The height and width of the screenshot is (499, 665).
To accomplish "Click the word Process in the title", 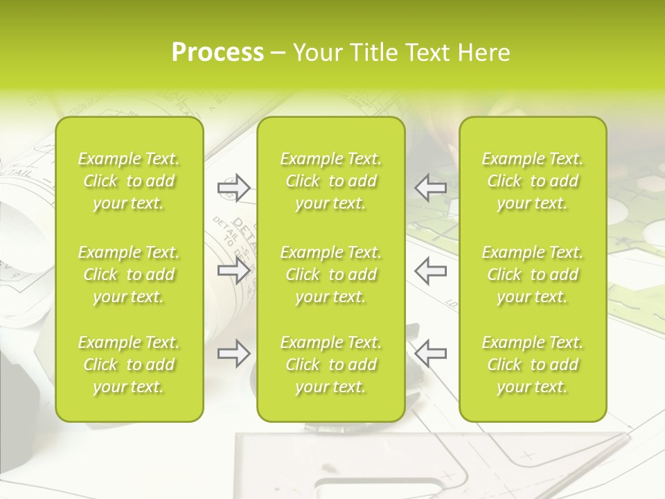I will tap(218, 53).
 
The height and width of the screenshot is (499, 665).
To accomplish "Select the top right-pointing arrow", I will tap(233, 188).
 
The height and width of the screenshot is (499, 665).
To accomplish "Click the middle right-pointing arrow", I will tap(233, 270).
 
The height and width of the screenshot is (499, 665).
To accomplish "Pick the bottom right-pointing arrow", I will tap(233, 353).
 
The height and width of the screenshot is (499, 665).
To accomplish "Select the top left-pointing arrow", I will tap(431, 188).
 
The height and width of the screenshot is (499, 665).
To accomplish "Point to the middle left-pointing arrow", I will tap(431, 270).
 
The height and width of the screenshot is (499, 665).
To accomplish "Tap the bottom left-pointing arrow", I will tap(431, 353).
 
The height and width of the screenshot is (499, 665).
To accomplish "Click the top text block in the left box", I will tap(129, 181).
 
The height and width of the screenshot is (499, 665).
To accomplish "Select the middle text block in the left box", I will tap(129, 274).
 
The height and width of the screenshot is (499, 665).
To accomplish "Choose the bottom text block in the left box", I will tap(129, 365).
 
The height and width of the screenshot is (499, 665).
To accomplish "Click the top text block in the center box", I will tap(330, 181).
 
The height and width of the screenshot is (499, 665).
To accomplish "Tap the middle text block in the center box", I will tap(330, 274).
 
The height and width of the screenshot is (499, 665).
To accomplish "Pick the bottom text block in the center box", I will tap(330, 365).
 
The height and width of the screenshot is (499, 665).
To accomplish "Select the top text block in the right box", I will tap(532, 181).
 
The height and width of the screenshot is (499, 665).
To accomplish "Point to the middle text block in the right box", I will tap(532, 274).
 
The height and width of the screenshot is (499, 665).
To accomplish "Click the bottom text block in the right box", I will tap(532, 365).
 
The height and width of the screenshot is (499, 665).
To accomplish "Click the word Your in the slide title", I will tap(316, 53).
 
